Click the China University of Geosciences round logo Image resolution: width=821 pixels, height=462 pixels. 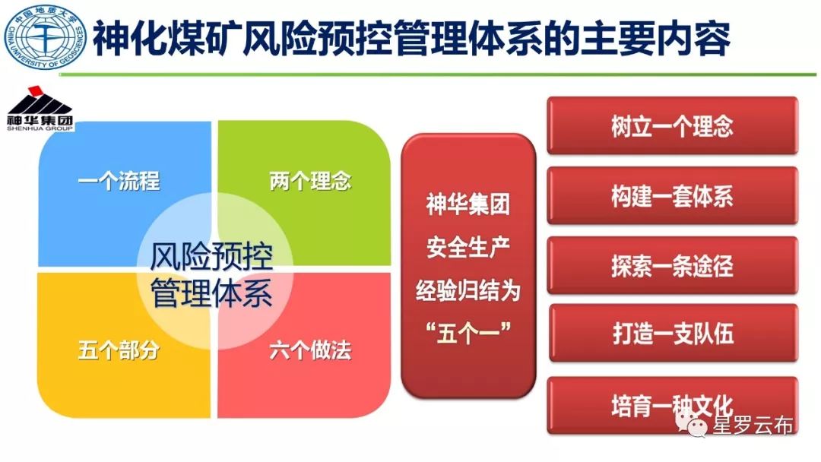[45, 38]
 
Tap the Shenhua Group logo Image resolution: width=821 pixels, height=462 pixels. [40, 109]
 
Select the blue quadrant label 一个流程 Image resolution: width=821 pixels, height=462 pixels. [119, 181]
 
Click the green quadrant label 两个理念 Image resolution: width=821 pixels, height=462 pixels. [310, 181]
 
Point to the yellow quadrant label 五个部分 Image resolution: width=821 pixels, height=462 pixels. [119, 350]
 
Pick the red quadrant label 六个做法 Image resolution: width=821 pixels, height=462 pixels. [310, 350]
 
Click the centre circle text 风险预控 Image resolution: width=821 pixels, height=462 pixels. [211, 256]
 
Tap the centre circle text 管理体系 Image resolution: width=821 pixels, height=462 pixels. [211, 293]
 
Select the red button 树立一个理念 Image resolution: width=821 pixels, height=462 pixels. [672, 125]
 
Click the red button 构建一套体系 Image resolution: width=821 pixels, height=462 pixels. [672, 196]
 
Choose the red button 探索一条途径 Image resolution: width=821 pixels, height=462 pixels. [672, 265]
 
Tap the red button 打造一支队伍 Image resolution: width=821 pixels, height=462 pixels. [674, 333]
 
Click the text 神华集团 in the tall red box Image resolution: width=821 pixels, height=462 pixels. [468, 204]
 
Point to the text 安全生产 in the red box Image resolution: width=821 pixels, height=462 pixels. [468, 246]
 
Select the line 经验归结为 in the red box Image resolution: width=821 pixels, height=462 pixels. [468, 290]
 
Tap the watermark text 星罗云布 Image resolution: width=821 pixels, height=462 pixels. [753, 426]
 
